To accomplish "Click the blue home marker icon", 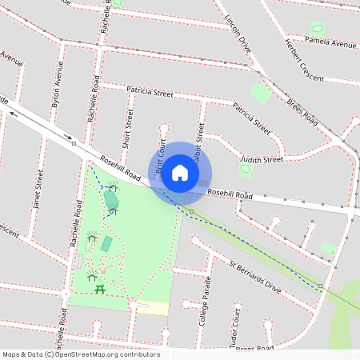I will (x=180, y=173).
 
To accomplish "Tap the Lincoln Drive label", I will (x=238, y=34).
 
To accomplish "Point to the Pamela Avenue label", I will (x=330, y=42).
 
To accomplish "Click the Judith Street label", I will (x=262, y=159).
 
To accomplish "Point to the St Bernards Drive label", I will (x=255, y=276).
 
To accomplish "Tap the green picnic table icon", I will (x=99, y=289).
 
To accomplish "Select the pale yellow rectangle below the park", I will (x=153, y=308).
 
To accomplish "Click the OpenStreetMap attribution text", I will (x=81, y=354).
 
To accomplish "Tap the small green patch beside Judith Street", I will (x=246, y=170).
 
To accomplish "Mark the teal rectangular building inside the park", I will (x=106, y=243).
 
